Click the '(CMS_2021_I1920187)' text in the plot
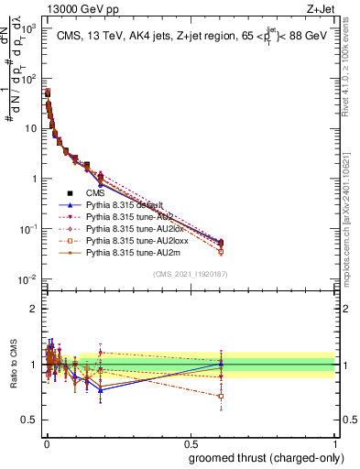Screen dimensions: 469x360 click(x=189, y=274)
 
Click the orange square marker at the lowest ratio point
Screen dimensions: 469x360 click(x=221, y=397)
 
